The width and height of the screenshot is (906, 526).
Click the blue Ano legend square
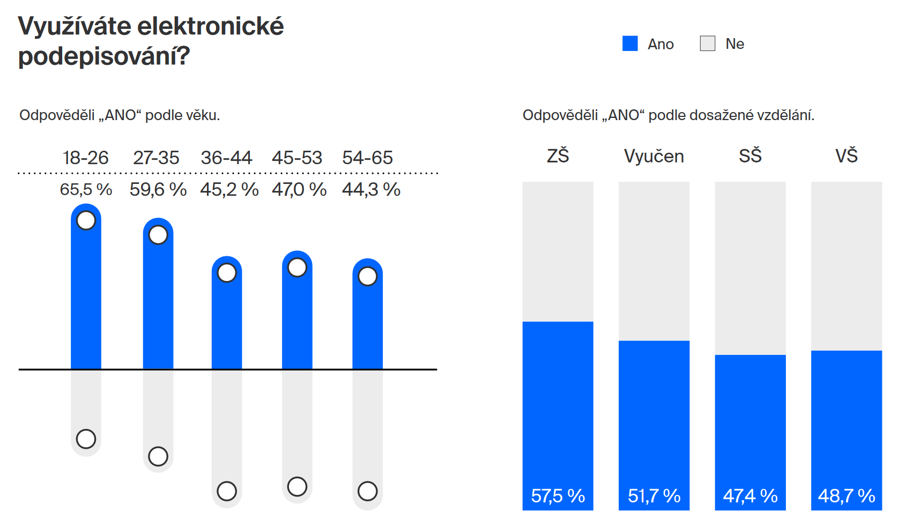coord(630,43)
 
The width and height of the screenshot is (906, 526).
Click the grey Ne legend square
coord(708,43)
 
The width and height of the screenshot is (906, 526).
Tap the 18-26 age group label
coord(85,158)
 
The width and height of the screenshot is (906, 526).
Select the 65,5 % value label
coord(86,189)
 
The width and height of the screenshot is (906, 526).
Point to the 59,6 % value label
coord(158,189)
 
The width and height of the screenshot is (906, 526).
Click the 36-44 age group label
coord(226,158)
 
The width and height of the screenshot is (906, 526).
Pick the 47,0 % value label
coord(299,189)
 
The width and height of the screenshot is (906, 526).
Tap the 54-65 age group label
coord(367,158)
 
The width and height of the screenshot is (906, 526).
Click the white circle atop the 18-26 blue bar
coord(86,220)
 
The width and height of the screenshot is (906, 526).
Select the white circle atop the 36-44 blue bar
coord(227,272)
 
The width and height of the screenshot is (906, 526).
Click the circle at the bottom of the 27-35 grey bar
coord(158,457)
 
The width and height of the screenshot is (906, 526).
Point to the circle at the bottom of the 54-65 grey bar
coord(368,491)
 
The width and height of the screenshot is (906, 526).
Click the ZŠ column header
coord(558,155)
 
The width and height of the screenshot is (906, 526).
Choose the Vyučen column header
coord(654,156)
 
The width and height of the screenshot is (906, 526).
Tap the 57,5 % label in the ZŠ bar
coord(558,495)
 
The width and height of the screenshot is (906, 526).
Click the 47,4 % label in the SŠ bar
coord(750,495)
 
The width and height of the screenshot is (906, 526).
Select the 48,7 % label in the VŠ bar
coord(846,495)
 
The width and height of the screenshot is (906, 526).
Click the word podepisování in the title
coord(104,56)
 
